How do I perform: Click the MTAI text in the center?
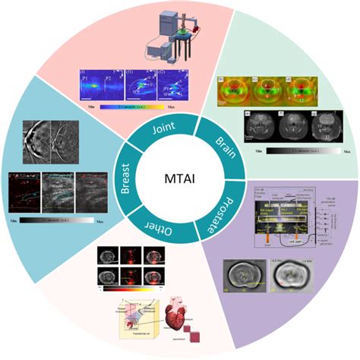[x=179, y=180]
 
